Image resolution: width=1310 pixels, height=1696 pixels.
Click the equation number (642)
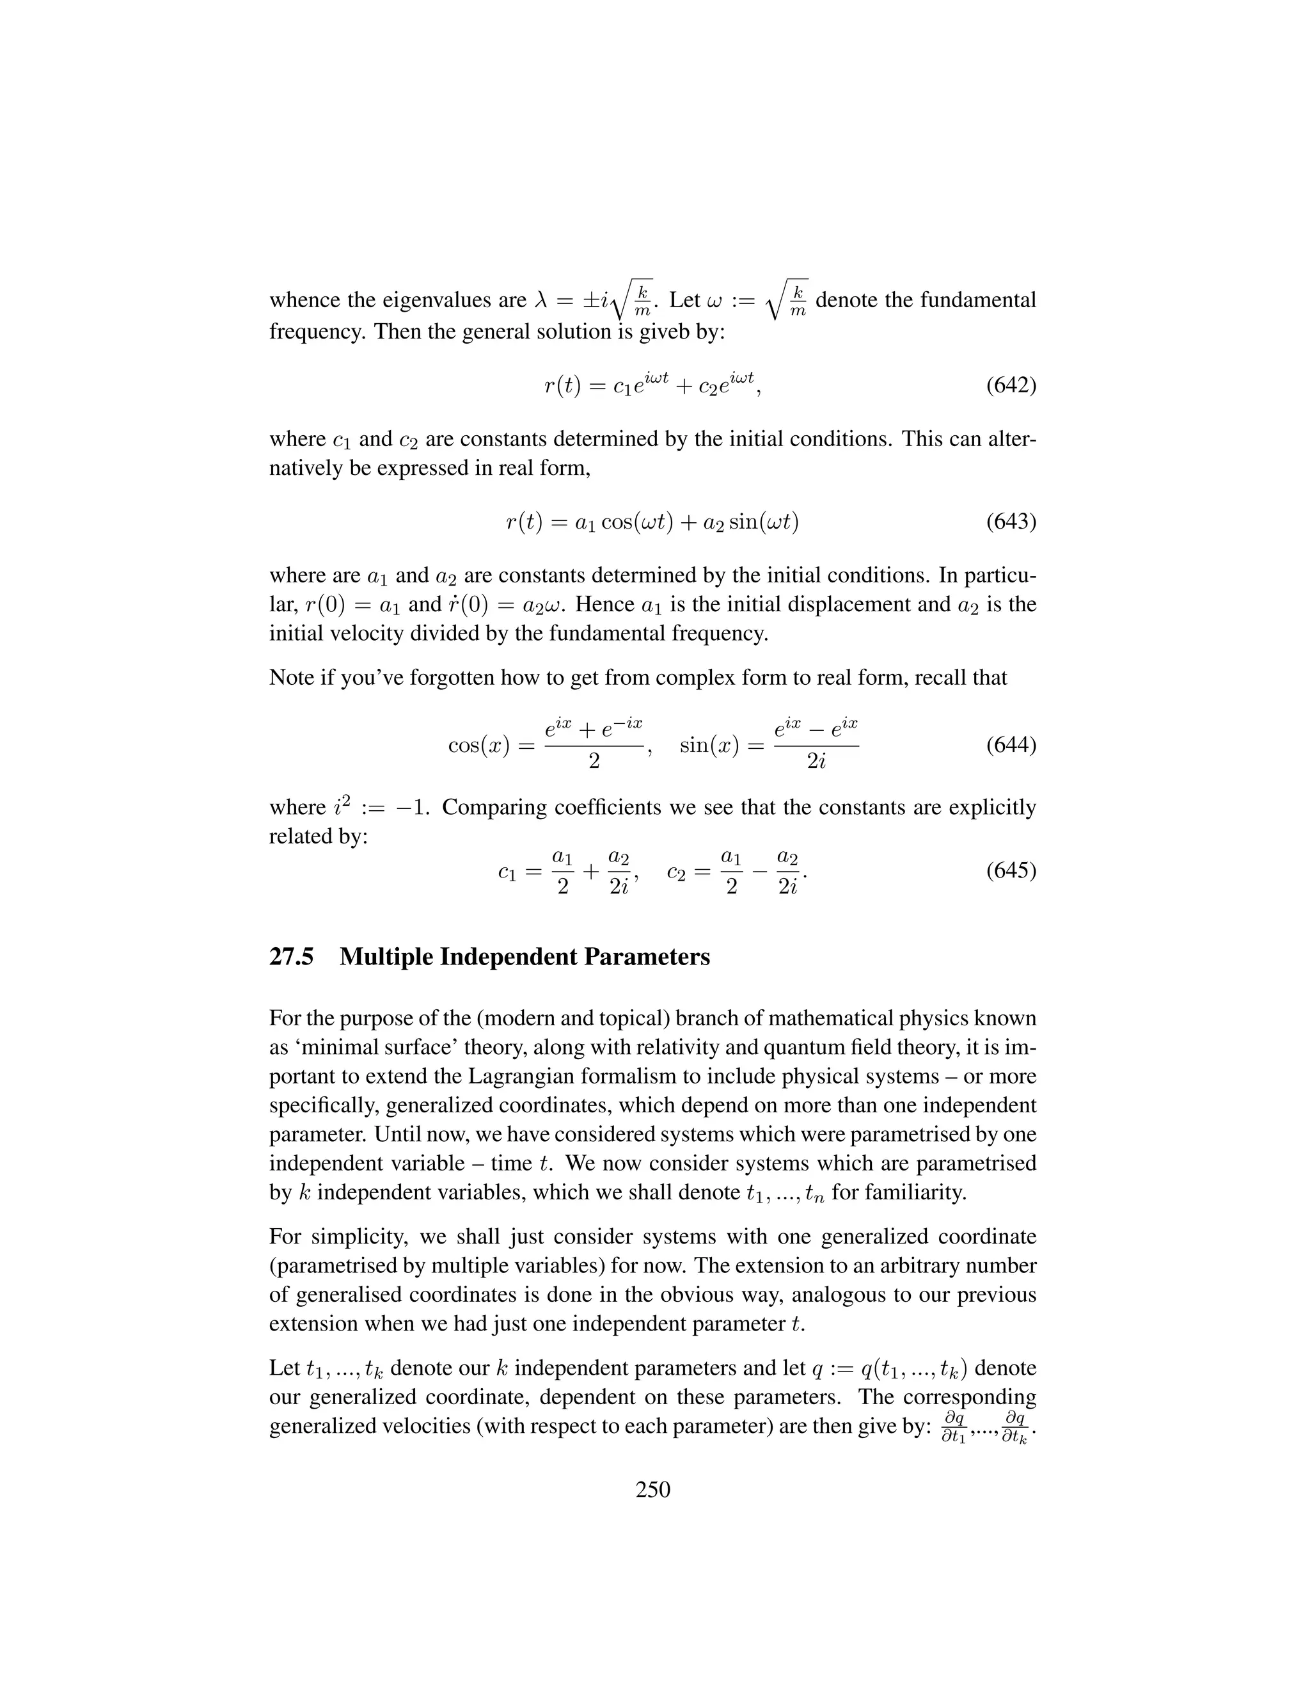(1011, 386)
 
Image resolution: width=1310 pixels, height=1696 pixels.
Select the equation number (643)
(1011, 521)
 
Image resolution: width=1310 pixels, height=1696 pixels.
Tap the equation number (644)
(1011, 746)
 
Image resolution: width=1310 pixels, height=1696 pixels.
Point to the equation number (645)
(1011, 870)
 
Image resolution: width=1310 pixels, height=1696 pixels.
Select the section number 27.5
(291, 957)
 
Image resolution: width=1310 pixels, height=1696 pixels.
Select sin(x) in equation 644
(709, 746)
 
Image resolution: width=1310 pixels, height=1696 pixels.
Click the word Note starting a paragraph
(291, 678)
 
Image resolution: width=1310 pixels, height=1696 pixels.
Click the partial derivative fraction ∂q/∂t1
(953, 1428)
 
